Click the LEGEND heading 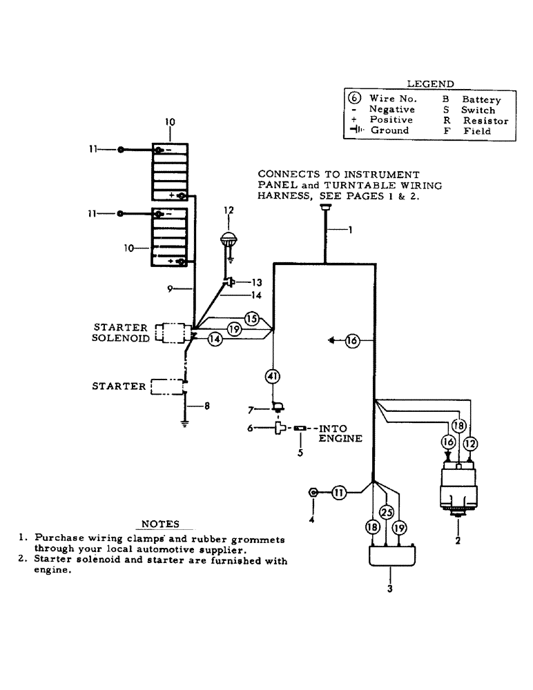coord(429,83)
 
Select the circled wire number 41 coord(273,376)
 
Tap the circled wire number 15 coord(251,319)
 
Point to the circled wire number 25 coord(387,513)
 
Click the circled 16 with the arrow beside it coord(352,340)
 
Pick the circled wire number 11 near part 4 coord(339,492)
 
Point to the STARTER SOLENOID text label coord(120,332)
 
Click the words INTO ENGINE coord(340,433)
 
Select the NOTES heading coord(160,524)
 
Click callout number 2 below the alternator coord(457,541)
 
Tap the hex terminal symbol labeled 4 coord(313,493)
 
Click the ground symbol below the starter coord(185,424)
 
